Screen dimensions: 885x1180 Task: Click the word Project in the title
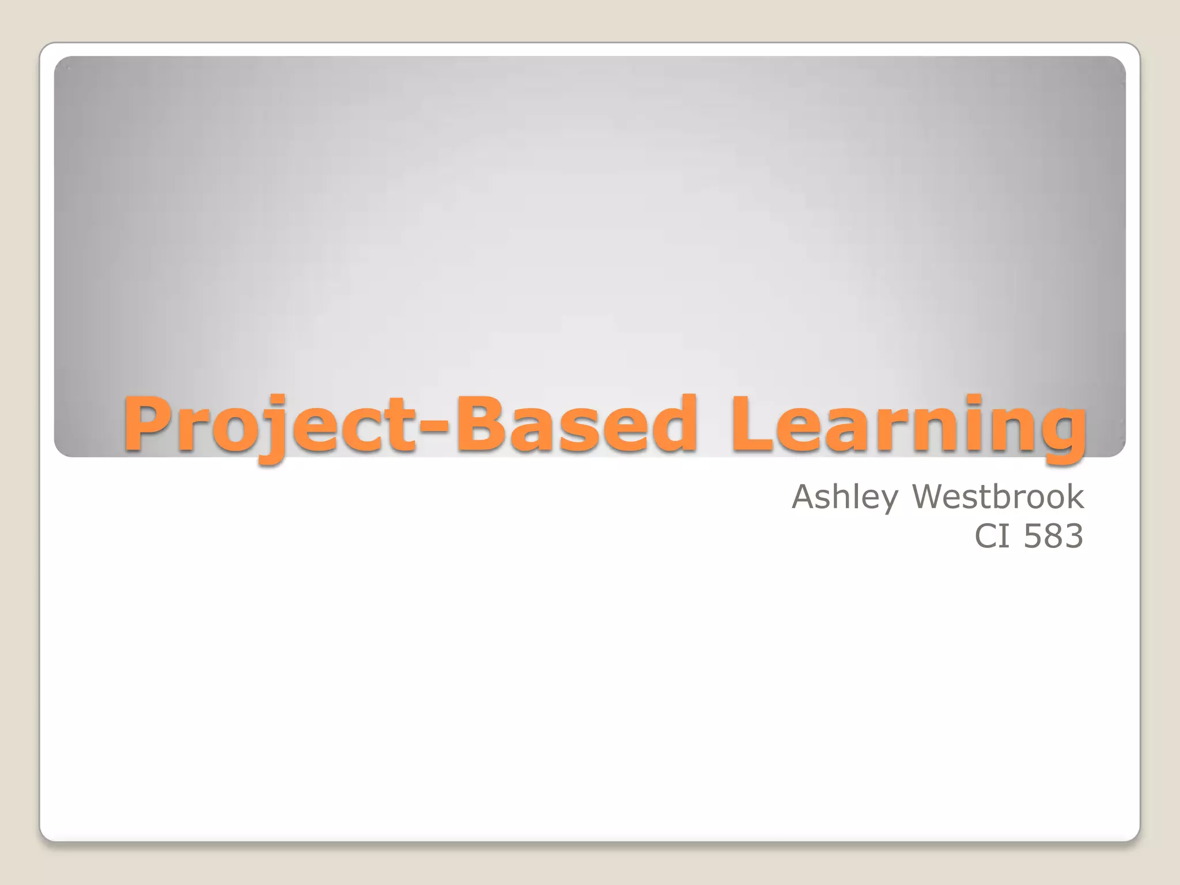(268, 425)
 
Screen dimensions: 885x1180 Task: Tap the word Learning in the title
(907, 425)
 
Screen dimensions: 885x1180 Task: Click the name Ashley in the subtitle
(844, 497)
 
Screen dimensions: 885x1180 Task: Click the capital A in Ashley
(805, 497)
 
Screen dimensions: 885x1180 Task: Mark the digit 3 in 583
(1073, 536)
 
